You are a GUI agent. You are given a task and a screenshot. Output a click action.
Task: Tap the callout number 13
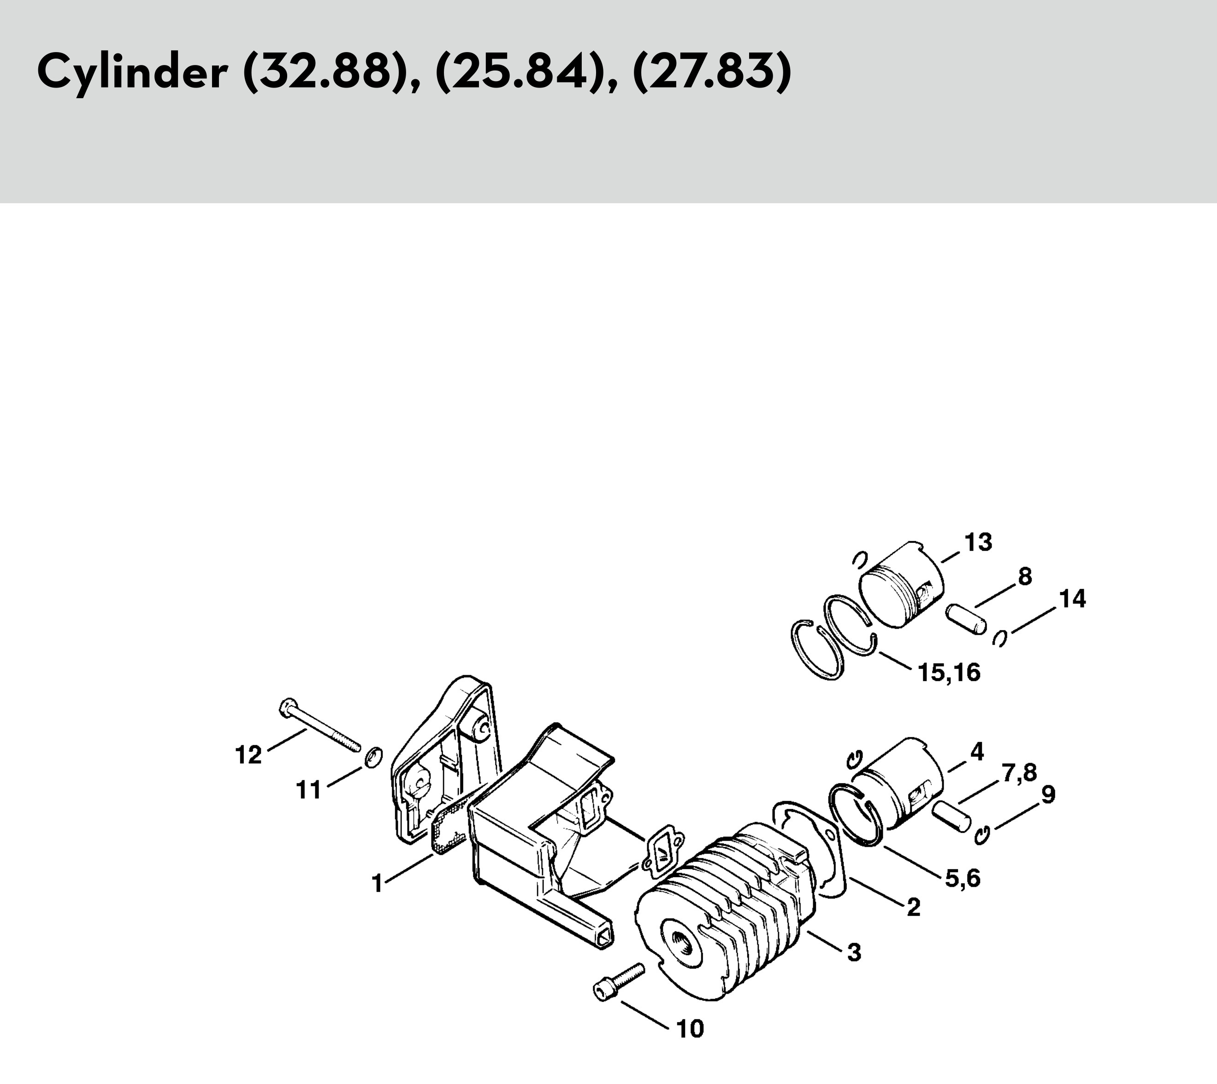coord(978,542)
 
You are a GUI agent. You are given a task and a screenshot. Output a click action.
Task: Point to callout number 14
coord(1072,599)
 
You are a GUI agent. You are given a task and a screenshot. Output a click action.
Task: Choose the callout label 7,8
coord(1019,772)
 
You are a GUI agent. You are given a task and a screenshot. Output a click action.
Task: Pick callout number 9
coord(1048,794)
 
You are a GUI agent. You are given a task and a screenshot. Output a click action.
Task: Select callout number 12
coord(248,755)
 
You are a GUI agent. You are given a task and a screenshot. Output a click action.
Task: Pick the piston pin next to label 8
coord(966,620)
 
